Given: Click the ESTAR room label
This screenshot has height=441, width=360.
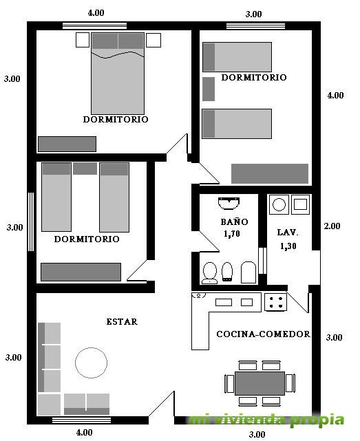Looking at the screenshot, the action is pos(122,321).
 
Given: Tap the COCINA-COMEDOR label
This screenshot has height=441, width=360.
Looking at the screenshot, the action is pos(263,334).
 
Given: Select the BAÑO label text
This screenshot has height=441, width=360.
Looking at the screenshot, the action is pos(234,222).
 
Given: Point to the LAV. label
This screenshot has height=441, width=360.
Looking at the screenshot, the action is pos(288,233).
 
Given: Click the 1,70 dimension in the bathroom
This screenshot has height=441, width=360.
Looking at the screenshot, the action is pos(232,234).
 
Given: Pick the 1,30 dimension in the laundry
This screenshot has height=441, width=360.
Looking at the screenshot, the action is pos(288,246).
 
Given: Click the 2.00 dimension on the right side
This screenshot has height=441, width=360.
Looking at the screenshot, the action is pos(332,226).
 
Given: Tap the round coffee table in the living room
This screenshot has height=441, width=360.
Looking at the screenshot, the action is pos(91,363).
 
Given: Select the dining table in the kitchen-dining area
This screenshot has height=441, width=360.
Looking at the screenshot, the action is pos(260,383).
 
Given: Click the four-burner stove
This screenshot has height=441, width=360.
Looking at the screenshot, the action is pos(275,302).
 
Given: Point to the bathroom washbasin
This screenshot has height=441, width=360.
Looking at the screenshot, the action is pos(229,204).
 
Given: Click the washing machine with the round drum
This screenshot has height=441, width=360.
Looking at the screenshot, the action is pos(279,204).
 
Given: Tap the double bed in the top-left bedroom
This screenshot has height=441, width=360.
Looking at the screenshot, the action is pos(118,74).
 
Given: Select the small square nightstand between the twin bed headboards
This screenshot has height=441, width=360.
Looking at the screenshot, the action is pos(85,169).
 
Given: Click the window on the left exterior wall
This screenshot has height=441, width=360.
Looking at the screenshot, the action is pos(31,222).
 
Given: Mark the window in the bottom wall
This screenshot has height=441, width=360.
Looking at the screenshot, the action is pos(82,420).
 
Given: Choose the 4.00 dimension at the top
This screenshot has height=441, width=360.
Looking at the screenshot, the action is pos(96,12).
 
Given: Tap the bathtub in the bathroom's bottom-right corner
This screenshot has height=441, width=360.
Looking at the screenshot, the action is pos(248,272).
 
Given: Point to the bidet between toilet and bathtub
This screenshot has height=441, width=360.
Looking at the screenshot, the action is pos(227,271).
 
